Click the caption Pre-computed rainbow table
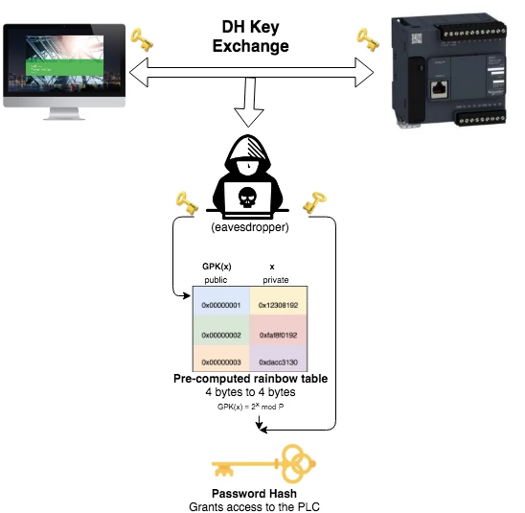click(x=251, y=380)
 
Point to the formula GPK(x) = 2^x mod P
click(x=251, y=408)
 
